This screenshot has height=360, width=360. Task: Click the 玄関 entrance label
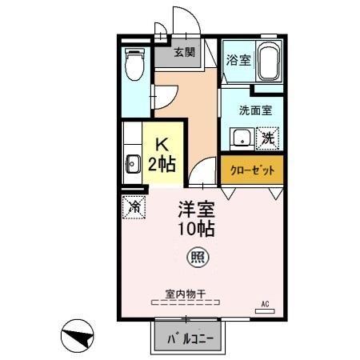[185, 53]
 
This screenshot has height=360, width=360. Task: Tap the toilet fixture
[134, 66]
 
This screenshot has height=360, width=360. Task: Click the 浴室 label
[238, 60]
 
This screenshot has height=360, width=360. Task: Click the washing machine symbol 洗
[270, 138]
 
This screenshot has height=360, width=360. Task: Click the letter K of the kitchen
[162, 145]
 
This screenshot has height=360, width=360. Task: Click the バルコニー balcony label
[190, 338]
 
